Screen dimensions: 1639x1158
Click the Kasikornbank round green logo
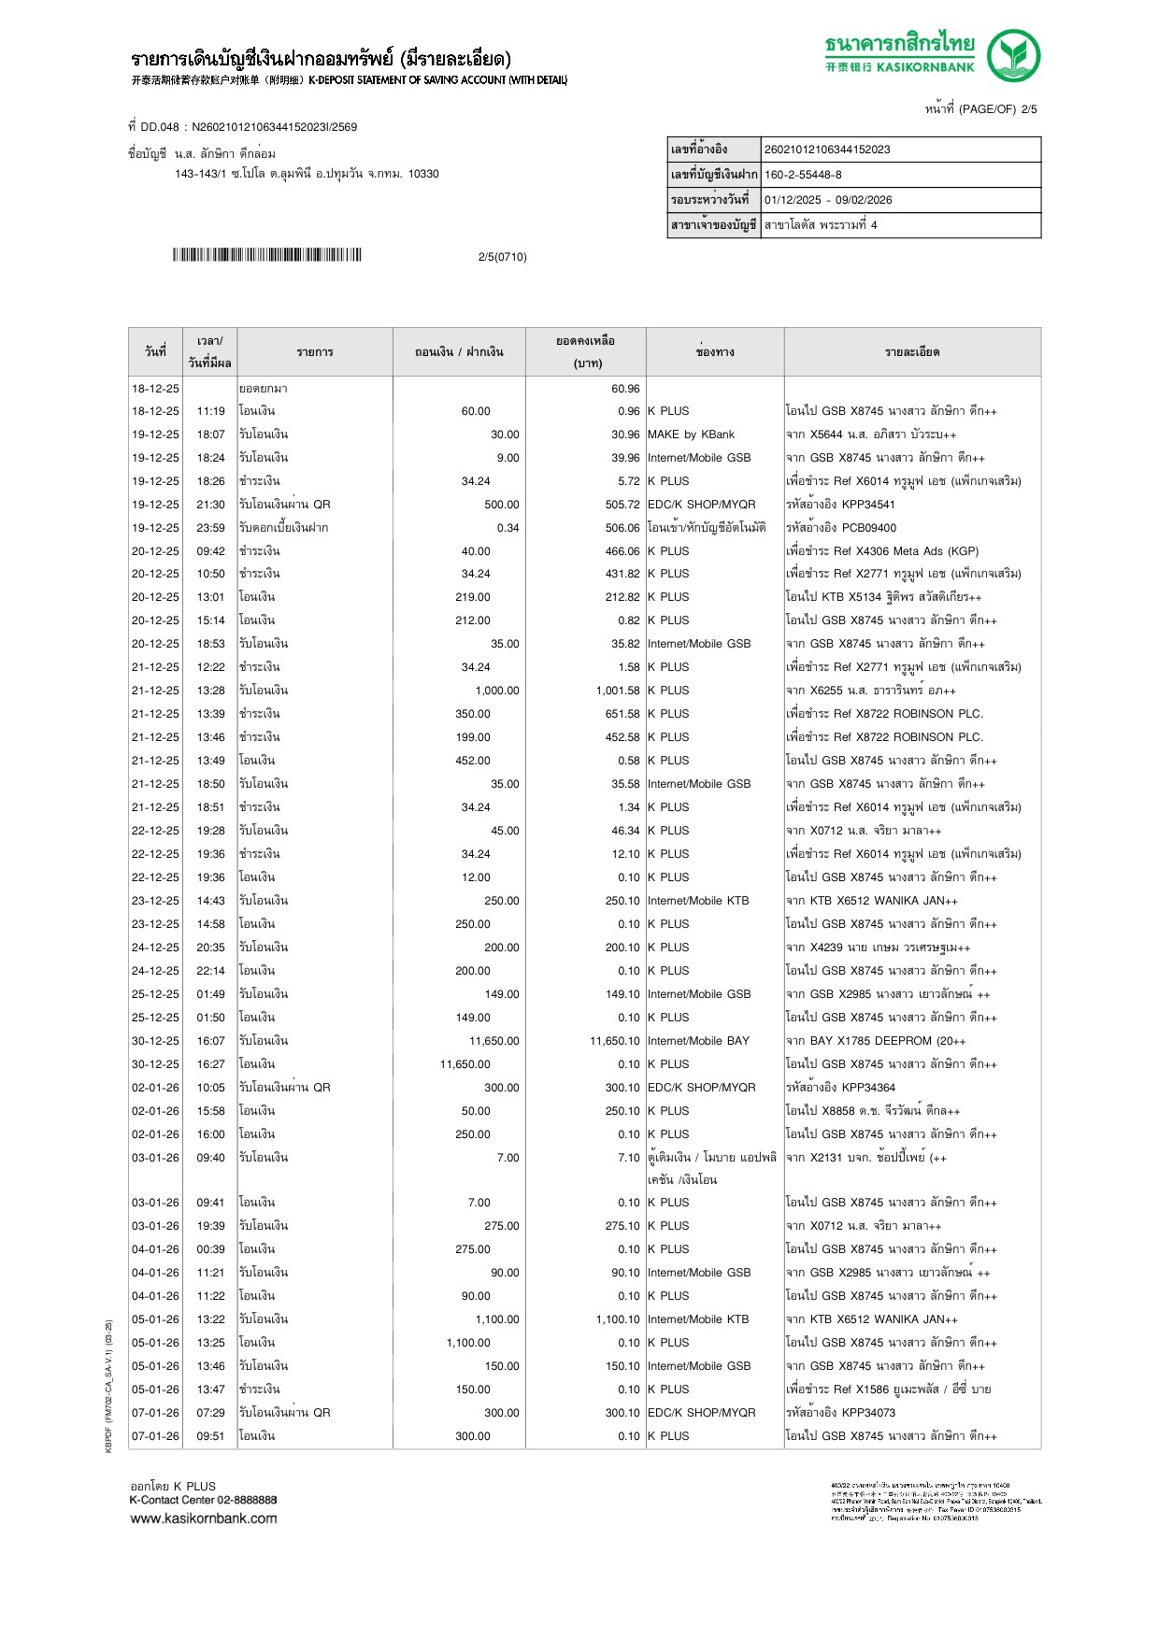click(x=1014, y=55)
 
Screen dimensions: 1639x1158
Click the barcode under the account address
click(x=266, y=255)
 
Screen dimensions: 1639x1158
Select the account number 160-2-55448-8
click(x=803, y=175)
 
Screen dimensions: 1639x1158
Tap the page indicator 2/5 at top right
click(x=1028, y=109)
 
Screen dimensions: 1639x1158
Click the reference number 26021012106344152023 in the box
click(x=827, y=150)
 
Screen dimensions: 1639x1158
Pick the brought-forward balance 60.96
click(x=625, y=389)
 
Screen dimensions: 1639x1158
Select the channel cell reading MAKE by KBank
click(x=691, y=435)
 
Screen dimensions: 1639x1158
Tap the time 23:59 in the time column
click(x=210, y=528)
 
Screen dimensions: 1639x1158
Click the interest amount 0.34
click(x=508, y=528)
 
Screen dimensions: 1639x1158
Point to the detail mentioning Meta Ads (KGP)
click(x=882, y=551)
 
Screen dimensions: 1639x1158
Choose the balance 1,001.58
click(x=617, y=691)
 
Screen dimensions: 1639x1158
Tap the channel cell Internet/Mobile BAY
click(x=698, y=1041)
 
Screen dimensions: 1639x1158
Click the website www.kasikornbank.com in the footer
click(x=204, y=1518)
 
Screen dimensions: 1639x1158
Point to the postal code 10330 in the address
click(x=423, y=174)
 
